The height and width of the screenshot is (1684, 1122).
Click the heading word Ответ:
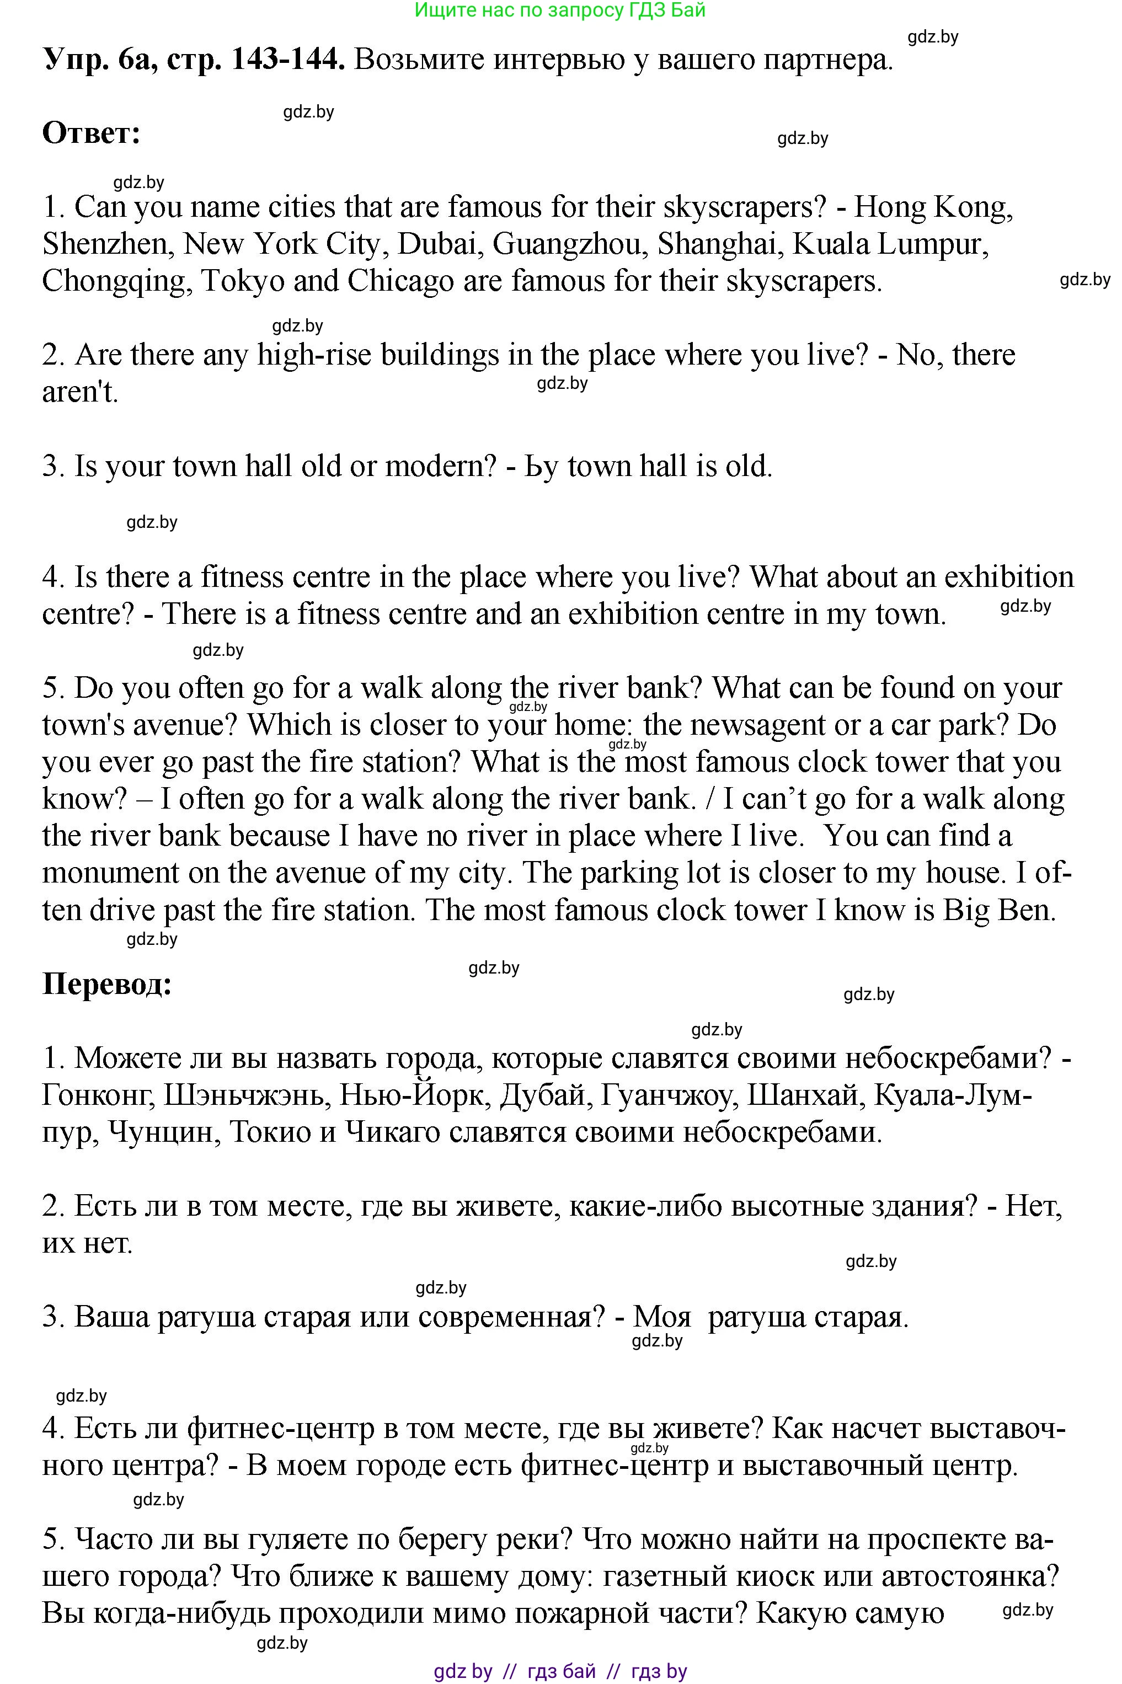tap(92, 134)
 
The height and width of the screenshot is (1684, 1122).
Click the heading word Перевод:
tap(108, 985)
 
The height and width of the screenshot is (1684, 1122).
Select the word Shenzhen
tap(104, 245)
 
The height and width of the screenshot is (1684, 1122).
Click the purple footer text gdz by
tap(463, 1671)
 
